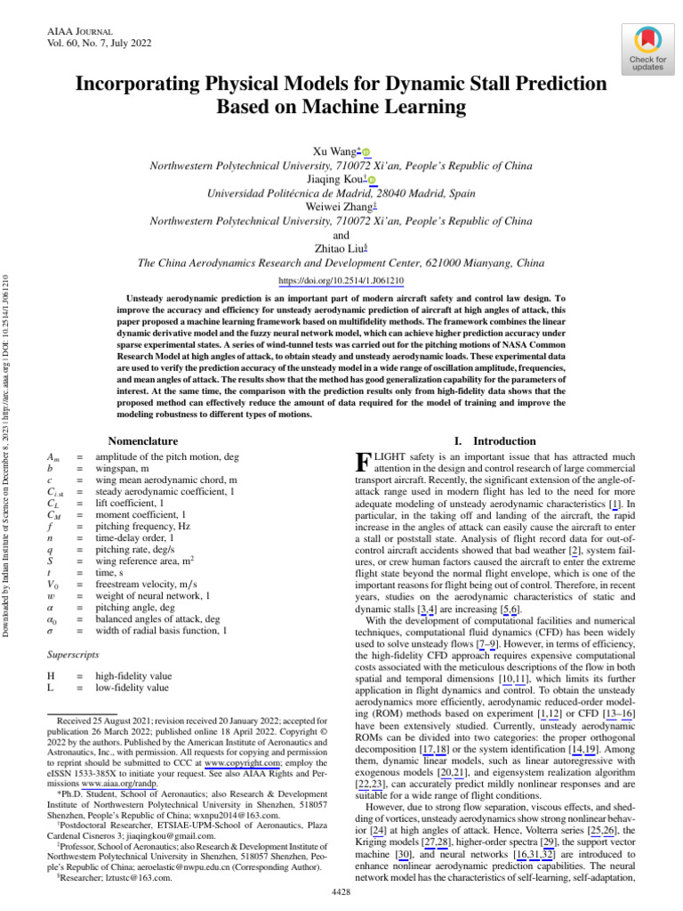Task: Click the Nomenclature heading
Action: click(x=142, y=440)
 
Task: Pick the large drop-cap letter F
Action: click(x=362, y=463)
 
